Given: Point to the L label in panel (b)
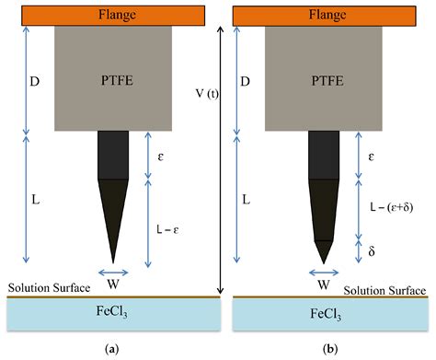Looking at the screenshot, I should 245,199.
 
